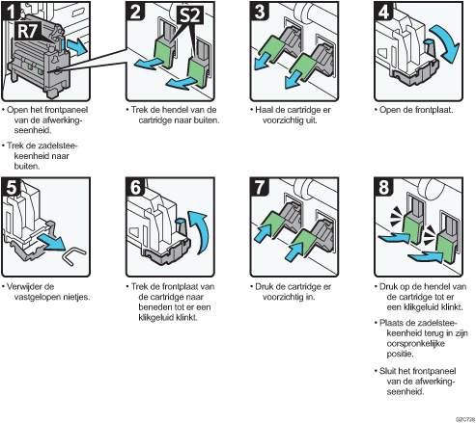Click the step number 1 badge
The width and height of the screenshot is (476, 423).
click(11, 11)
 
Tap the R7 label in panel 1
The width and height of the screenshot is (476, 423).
click(28, 31)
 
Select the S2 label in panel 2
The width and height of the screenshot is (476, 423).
click(190, 14)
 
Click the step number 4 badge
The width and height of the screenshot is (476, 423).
click(383, 11)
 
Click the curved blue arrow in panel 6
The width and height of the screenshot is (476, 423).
click(199, 232)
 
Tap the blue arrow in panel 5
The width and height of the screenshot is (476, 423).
click(51, 242)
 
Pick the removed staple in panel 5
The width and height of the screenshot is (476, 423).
click(75, 255)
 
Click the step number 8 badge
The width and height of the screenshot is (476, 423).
click(383, 187)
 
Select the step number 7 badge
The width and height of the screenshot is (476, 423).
click(260, 187)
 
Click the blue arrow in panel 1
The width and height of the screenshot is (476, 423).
click(76, 47)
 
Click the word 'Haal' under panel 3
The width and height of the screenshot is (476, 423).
click(264, 110)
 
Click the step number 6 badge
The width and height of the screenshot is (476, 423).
click(135, 187)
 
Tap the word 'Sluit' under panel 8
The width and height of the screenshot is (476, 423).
click(388, 371)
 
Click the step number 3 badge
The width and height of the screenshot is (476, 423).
click(260, 11)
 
